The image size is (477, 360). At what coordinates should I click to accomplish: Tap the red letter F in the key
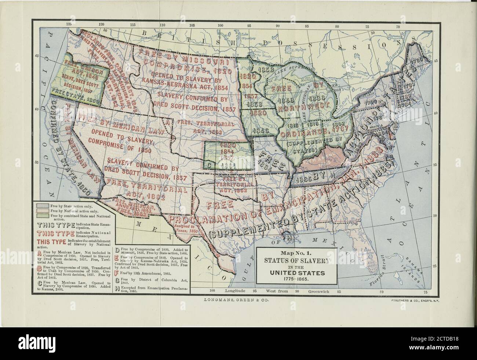tap(117, 273)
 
